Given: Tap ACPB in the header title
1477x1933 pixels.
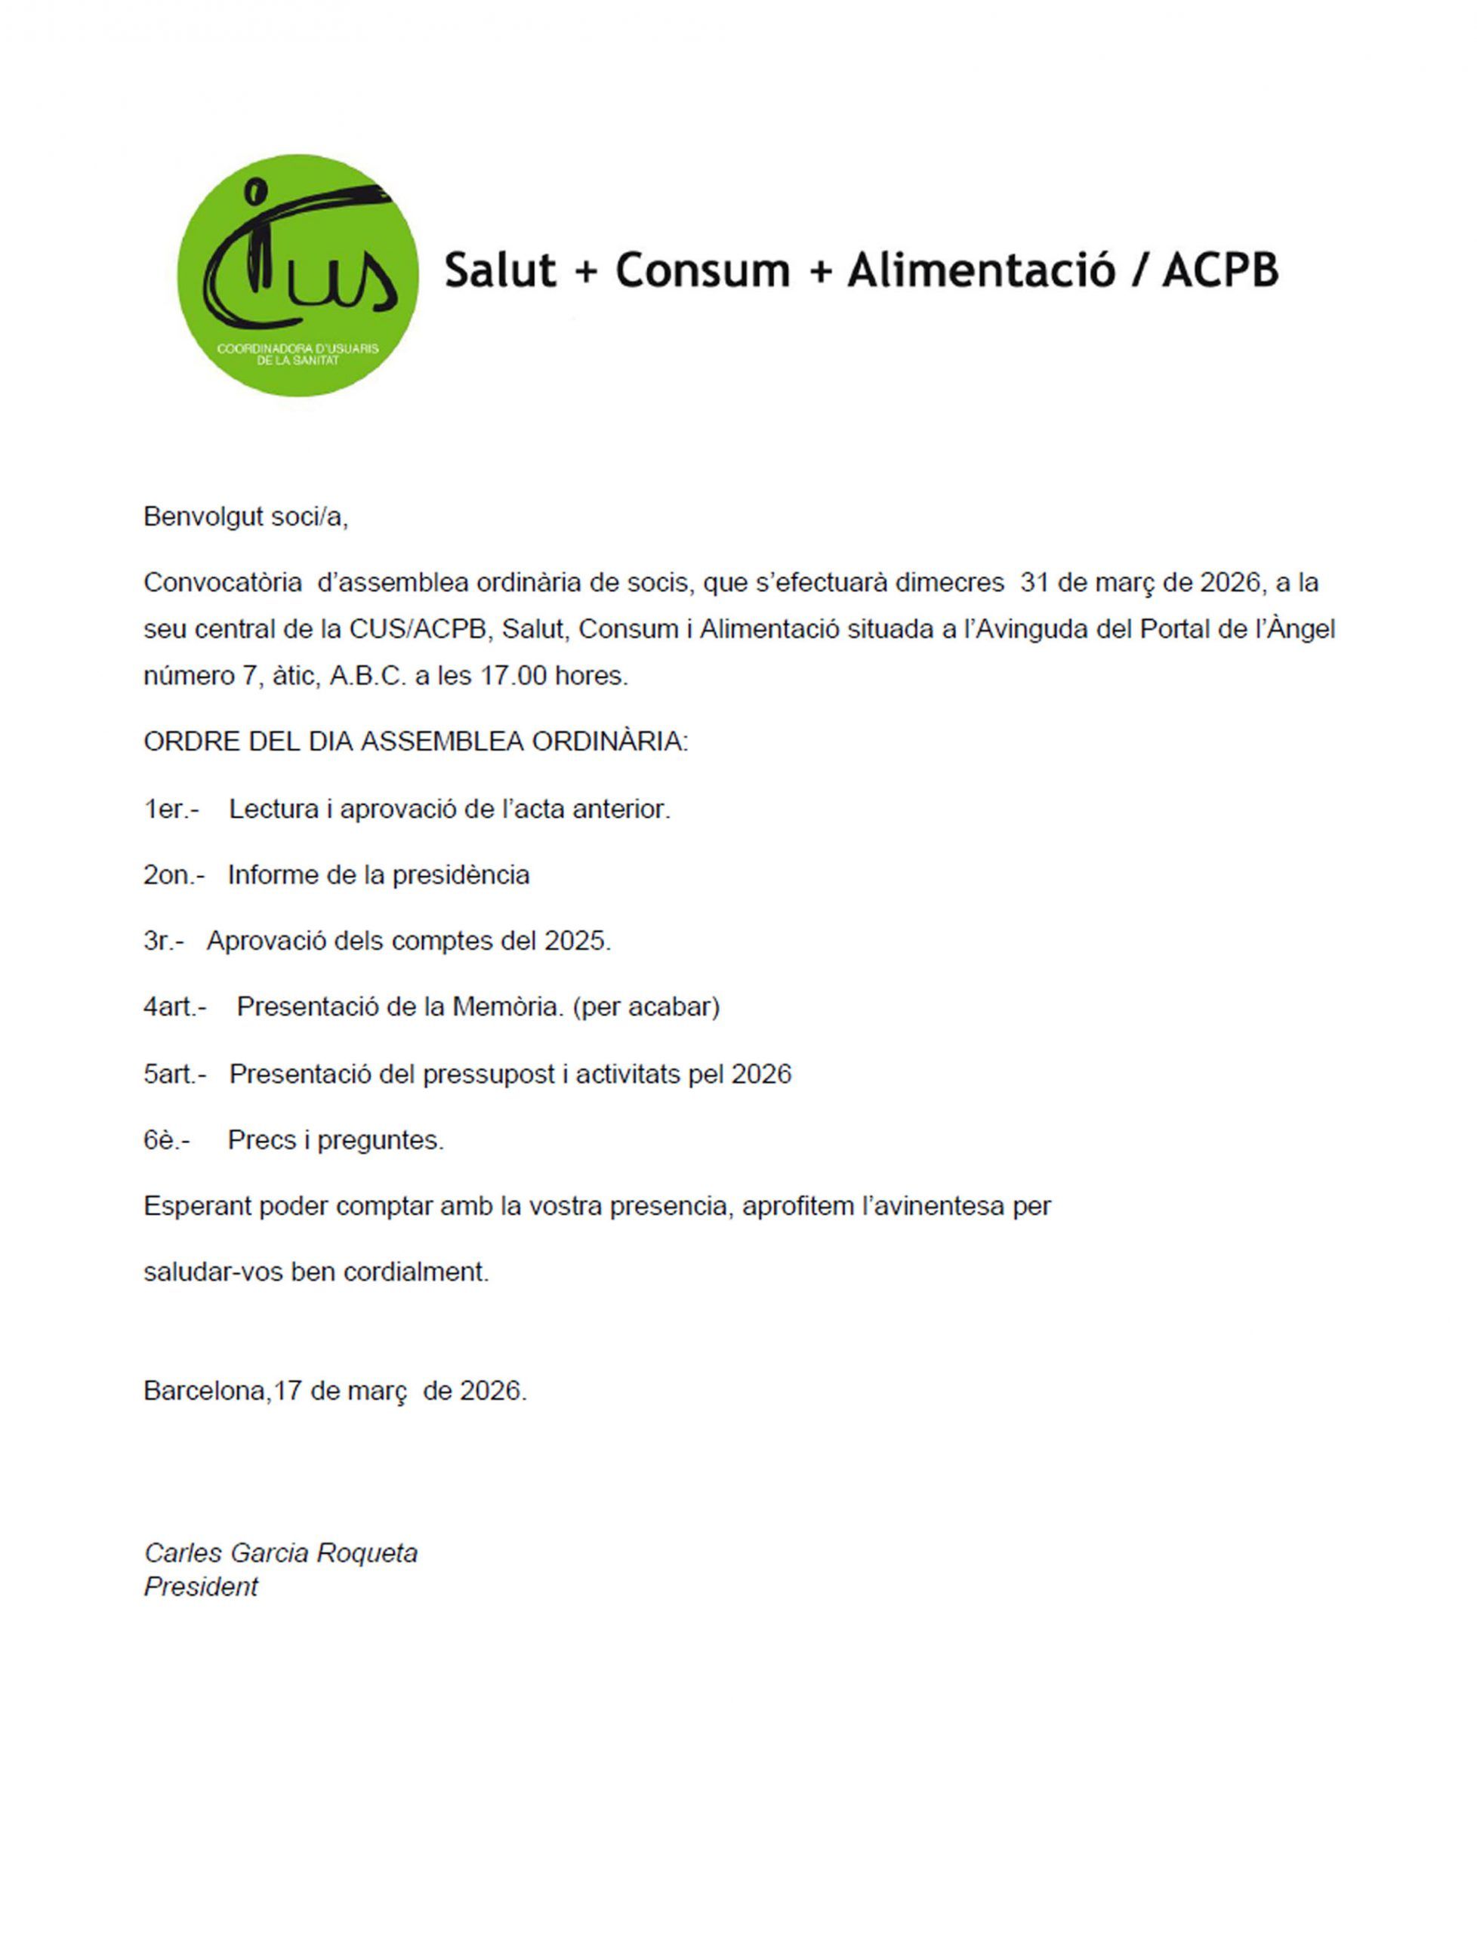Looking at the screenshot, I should [x=1220, y=270].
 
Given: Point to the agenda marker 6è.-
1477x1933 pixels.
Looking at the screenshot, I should [x=166, y=1140].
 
